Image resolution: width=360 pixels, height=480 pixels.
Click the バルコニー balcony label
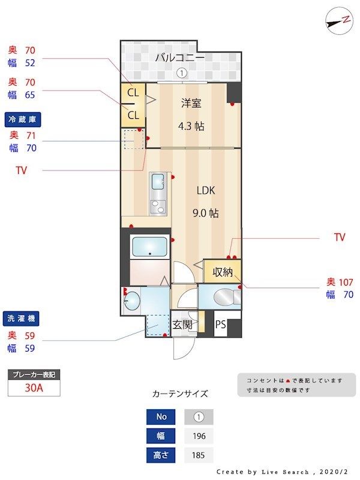179,58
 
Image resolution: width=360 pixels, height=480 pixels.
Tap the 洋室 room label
191,103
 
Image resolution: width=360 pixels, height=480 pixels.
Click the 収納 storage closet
223,272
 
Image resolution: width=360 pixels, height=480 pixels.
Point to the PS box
221,325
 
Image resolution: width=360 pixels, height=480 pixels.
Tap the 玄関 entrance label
182,325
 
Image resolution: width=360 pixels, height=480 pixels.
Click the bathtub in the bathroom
149,247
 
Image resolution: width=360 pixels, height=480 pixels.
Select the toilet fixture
223,296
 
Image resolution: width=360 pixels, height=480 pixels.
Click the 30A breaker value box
34,388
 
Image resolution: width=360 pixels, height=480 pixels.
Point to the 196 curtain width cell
199,436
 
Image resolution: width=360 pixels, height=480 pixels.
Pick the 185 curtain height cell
199,455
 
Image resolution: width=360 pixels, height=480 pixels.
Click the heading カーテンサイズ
180,394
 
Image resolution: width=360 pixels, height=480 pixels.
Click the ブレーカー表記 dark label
34,374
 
